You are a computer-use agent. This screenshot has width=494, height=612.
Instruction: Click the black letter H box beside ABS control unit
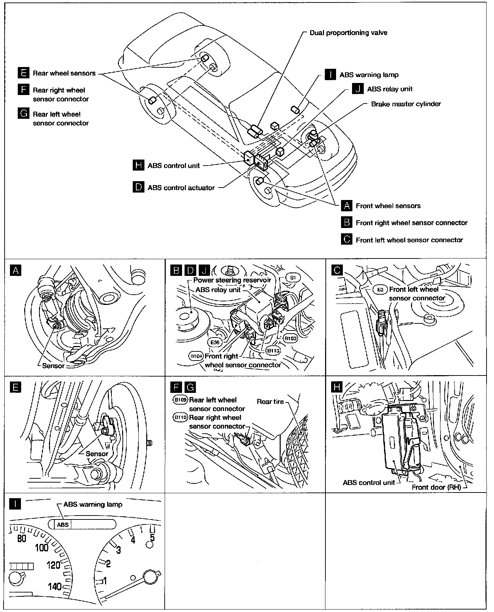pyautogui.click(x=138, y=165)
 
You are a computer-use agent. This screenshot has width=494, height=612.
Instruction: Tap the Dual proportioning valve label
pyautogui.click(x=348, y=33)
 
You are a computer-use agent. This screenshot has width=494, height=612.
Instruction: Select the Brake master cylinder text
pyautogui.click(x=406, y=104)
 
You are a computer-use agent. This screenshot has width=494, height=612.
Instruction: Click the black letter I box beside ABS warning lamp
pyautogui.click(x=330, y=75)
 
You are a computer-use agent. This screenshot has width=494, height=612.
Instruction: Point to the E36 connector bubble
pyautogui.click(x=215, y=343)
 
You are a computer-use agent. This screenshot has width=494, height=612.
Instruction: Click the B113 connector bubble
pyautogui.click(x=273, y=351)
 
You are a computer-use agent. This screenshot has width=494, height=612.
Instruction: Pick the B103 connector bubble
pyautogui.click(x=291, y=338)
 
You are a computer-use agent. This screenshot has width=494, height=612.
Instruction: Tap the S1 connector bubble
pyautogui.click(x=293, y=277)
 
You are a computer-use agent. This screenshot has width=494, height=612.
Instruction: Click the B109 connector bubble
pyautogui.click(x=180, y=400)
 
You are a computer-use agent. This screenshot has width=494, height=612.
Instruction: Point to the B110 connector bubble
pyautogui.click(x=180, y=417)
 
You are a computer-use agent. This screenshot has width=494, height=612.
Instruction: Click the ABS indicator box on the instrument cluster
pyautogui.click(x=63, y=524)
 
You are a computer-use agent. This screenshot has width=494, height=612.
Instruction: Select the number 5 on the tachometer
pyautogui.click(x=152, y=538)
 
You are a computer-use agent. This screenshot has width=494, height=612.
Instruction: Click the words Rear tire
pyautogui.click(x=270, y=402)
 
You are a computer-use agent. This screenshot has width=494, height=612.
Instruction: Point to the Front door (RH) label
pyautogui.click(x=436, y=487)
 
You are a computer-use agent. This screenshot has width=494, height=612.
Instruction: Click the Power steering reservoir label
pyautogui.click(x=232, y=280)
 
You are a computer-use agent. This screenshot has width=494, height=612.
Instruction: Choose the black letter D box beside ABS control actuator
pyautogui.click(x=138, y=187)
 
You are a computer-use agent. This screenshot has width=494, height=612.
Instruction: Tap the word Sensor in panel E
pyautogui.click(x=97, y=454)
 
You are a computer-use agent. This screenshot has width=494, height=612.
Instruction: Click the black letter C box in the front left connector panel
pyautogui.click(x=337, y=271)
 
